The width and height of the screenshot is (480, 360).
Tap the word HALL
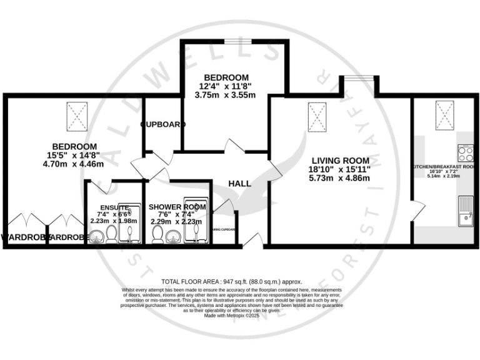239,184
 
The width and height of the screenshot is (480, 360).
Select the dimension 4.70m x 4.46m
72,164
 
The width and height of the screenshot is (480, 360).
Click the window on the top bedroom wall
238,42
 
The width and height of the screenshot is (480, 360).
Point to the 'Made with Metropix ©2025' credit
232,316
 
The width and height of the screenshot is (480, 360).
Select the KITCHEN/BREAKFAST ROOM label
445,167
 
